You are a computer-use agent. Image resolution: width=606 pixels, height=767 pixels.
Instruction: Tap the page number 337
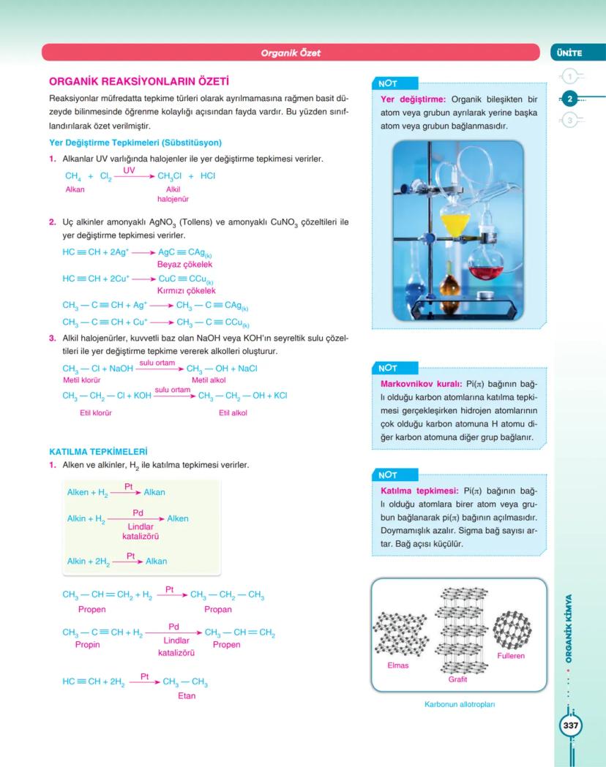(570, 726)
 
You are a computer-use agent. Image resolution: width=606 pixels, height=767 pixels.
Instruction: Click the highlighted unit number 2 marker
(570, 98)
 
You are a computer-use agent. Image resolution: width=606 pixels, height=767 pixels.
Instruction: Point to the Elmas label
(398, 665)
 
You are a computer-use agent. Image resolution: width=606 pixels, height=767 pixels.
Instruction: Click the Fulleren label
(511, 656)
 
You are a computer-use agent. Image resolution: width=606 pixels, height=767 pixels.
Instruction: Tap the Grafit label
(457, 679)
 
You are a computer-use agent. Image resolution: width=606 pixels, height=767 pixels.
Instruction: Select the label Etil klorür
(95, 413)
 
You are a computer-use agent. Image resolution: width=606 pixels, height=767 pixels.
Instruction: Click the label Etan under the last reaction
(187, 696)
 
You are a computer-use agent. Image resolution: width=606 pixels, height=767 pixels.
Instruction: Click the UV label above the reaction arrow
(129, 170)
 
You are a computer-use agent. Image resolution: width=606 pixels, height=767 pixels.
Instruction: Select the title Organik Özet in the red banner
(291, 53)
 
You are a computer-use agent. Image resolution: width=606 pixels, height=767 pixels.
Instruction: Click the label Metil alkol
(209, 380)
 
